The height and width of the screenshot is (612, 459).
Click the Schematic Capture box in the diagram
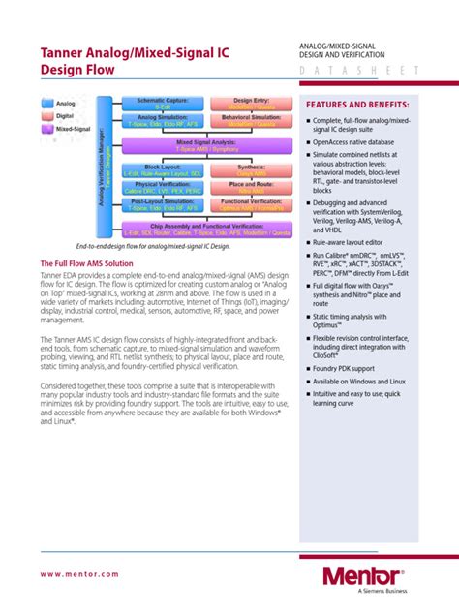[163, 104]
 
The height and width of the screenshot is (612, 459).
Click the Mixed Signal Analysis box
[203, 145]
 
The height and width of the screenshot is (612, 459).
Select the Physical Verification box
[163, 187]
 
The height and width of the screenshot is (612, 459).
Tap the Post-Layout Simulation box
[163, 207]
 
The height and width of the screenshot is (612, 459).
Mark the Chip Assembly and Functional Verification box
[203, 229]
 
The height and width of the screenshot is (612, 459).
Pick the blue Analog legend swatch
[48, 102]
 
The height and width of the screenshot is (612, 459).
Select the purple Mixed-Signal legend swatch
[48, 127]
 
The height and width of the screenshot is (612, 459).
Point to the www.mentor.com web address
[79, 575]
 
